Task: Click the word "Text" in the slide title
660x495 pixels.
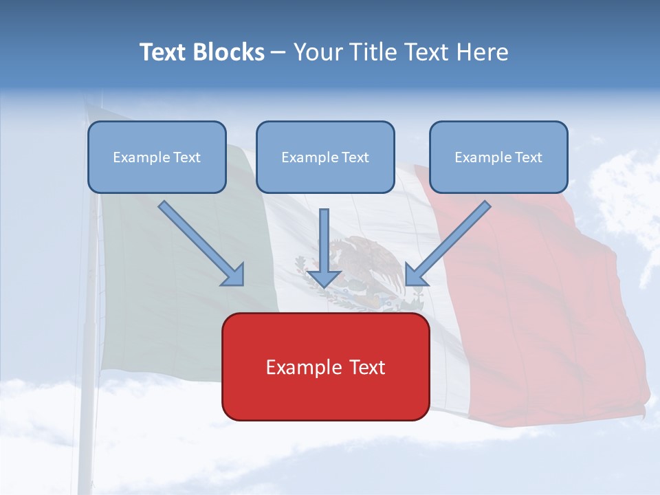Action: (163, 52)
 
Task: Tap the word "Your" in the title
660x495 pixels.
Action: (318, 52)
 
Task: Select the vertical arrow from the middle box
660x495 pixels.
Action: (324, 241)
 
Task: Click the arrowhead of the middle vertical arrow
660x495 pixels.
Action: (324, 278)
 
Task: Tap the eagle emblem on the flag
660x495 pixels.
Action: (371, 268)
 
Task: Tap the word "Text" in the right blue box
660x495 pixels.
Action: (527, 157)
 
